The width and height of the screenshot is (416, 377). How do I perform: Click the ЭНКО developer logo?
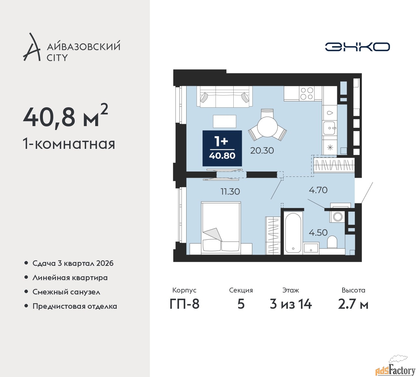click(x=357, y=47)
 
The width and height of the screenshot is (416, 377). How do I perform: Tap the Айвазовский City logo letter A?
click(x=31, y=47)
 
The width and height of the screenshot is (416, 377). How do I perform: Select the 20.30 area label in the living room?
click(x=262, y=150)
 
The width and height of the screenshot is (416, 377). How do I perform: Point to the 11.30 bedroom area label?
click(x=230, y=191)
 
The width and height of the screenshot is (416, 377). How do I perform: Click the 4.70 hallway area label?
click(x=318, y=190)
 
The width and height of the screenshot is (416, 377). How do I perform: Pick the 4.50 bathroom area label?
click(x=318, y=232)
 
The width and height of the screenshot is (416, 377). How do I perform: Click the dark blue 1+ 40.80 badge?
click(x=222, y=148)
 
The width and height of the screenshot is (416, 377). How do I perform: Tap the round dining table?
click(x=267, y=126)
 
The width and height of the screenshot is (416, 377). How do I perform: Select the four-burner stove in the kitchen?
click(x=307, y=93)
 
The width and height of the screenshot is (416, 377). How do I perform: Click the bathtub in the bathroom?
click(x=293, y=233)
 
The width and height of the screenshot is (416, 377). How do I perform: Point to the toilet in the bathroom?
click(x=332, y=242)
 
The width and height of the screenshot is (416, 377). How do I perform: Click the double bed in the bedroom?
click(x=221, y=228)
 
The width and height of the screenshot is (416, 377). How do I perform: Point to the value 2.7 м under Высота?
click(x=353, y=305)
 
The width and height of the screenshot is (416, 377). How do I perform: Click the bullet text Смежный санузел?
click(x=66, y=292)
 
